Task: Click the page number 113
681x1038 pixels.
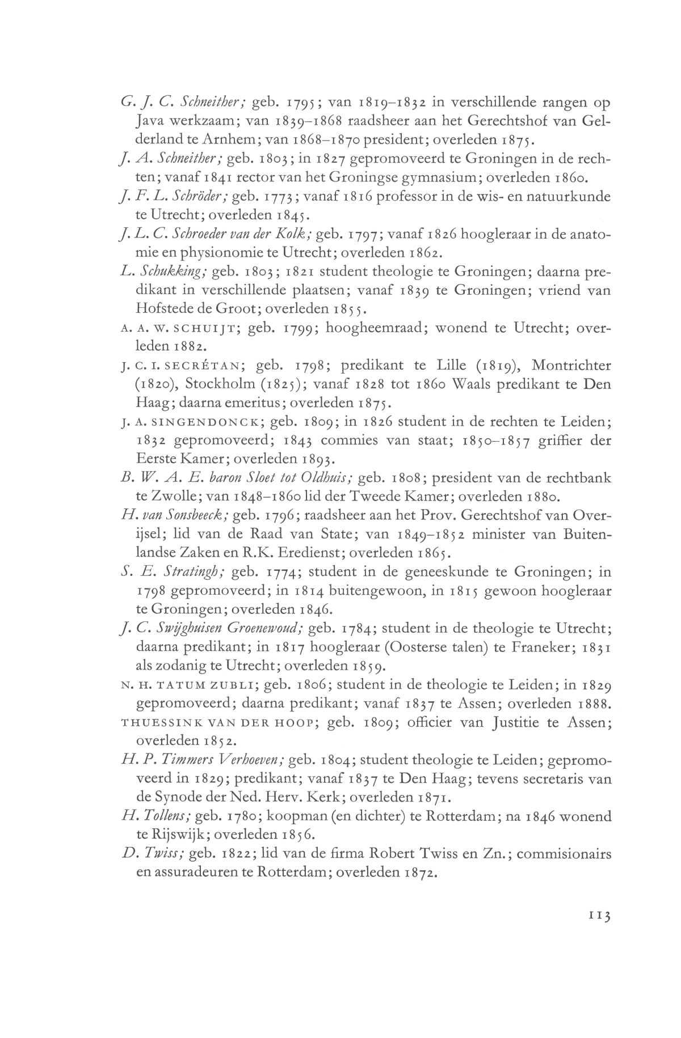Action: (598, 931)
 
